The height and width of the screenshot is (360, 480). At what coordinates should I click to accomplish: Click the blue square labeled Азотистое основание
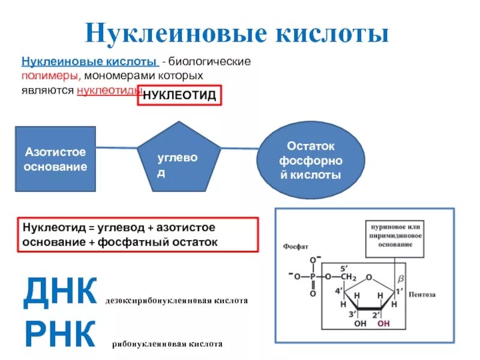click(55, 159)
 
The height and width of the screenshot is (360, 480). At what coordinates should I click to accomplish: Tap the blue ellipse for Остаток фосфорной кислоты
click(310, 160)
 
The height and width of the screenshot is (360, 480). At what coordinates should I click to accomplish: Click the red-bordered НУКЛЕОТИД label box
click(179, 96)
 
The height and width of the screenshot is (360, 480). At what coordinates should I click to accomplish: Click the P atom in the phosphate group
click(313, 277)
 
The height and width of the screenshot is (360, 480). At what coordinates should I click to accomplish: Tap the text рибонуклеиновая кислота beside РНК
click(167, 344)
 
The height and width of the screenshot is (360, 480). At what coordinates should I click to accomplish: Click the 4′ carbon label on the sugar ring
click(340, 292)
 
